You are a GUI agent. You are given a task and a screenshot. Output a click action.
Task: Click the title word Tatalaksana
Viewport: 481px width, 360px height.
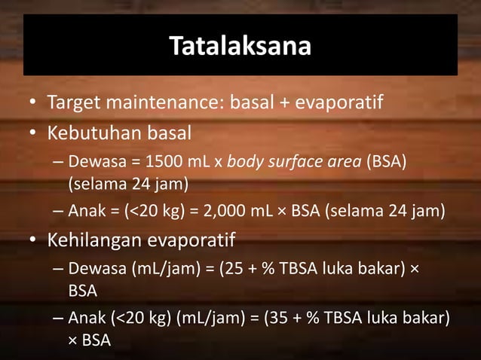click(240, 46)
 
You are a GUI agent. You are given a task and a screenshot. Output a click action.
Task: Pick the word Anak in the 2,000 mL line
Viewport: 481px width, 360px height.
click(84, 210)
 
